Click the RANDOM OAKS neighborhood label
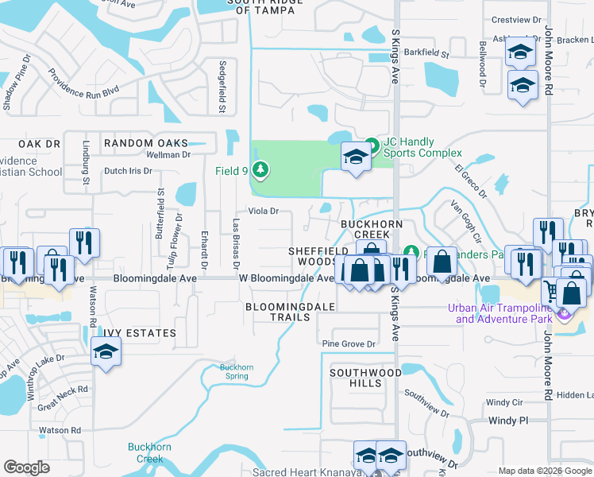pyautogui.click(x=146, y=143)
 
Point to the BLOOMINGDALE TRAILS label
pyautogui.click(x=277, y=311)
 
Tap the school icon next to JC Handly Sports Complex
pyautogui.click(x=355, y=157)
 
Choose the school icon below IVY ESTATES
pyautogui.click(x=105, y=352)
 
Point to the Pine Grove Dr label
pyautogui.click(x=348, y=343)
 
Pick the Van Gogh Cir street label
pyautogui.click(x=466, y=222)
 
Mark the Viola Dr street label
pyautogui.click(x=264, y=211)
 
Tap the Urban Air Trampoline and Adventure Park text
pyautogui.click(x=499, y=313)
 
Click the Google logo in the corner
pyautogui.click(x=26, y=467)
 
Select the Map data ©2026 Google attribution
pyautogui.click(x=545, y=471)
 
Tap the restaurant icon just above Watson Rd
pyautogui.click(x=83, y=242)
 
